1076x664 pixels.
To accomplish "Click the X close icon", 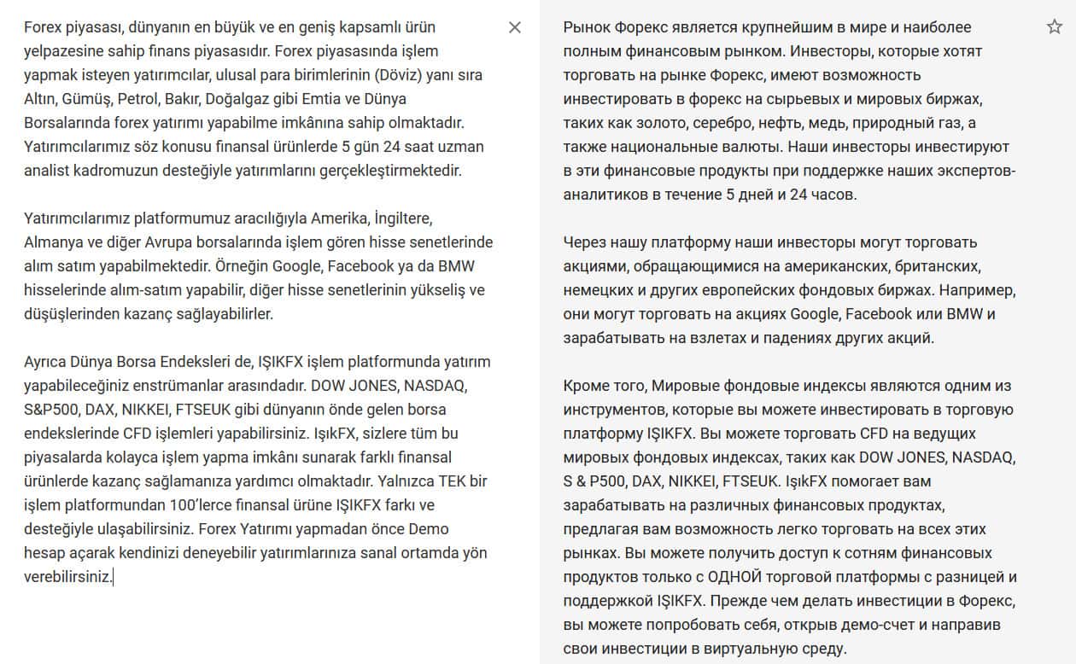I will pos(515,27).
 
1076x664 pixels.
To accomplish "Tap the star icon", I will pos(1054,27).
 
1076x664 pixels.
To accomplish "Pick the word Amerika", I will pos(342,218).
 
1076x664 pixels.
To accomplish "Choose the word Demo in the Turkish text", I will pos(430,529).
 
